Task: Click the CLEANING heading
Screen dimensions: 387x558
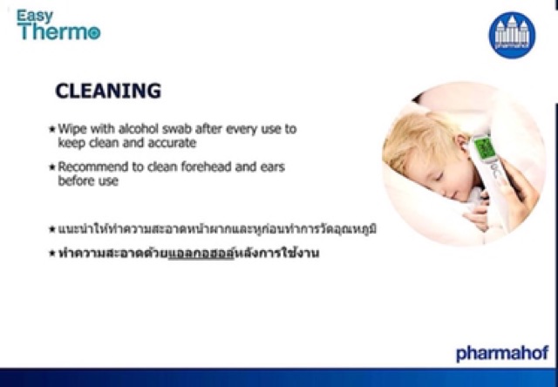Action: pos(108,91)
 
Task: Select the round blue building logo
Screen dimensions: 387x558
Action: pos(512,35)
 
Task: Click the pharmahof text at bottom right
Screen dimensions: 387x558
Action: pos(501,353)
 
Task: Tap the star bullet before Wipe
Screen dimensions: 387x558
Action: pos(51,129)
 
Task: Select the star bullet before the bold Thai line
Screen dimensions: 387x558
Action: pos(51,254)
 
